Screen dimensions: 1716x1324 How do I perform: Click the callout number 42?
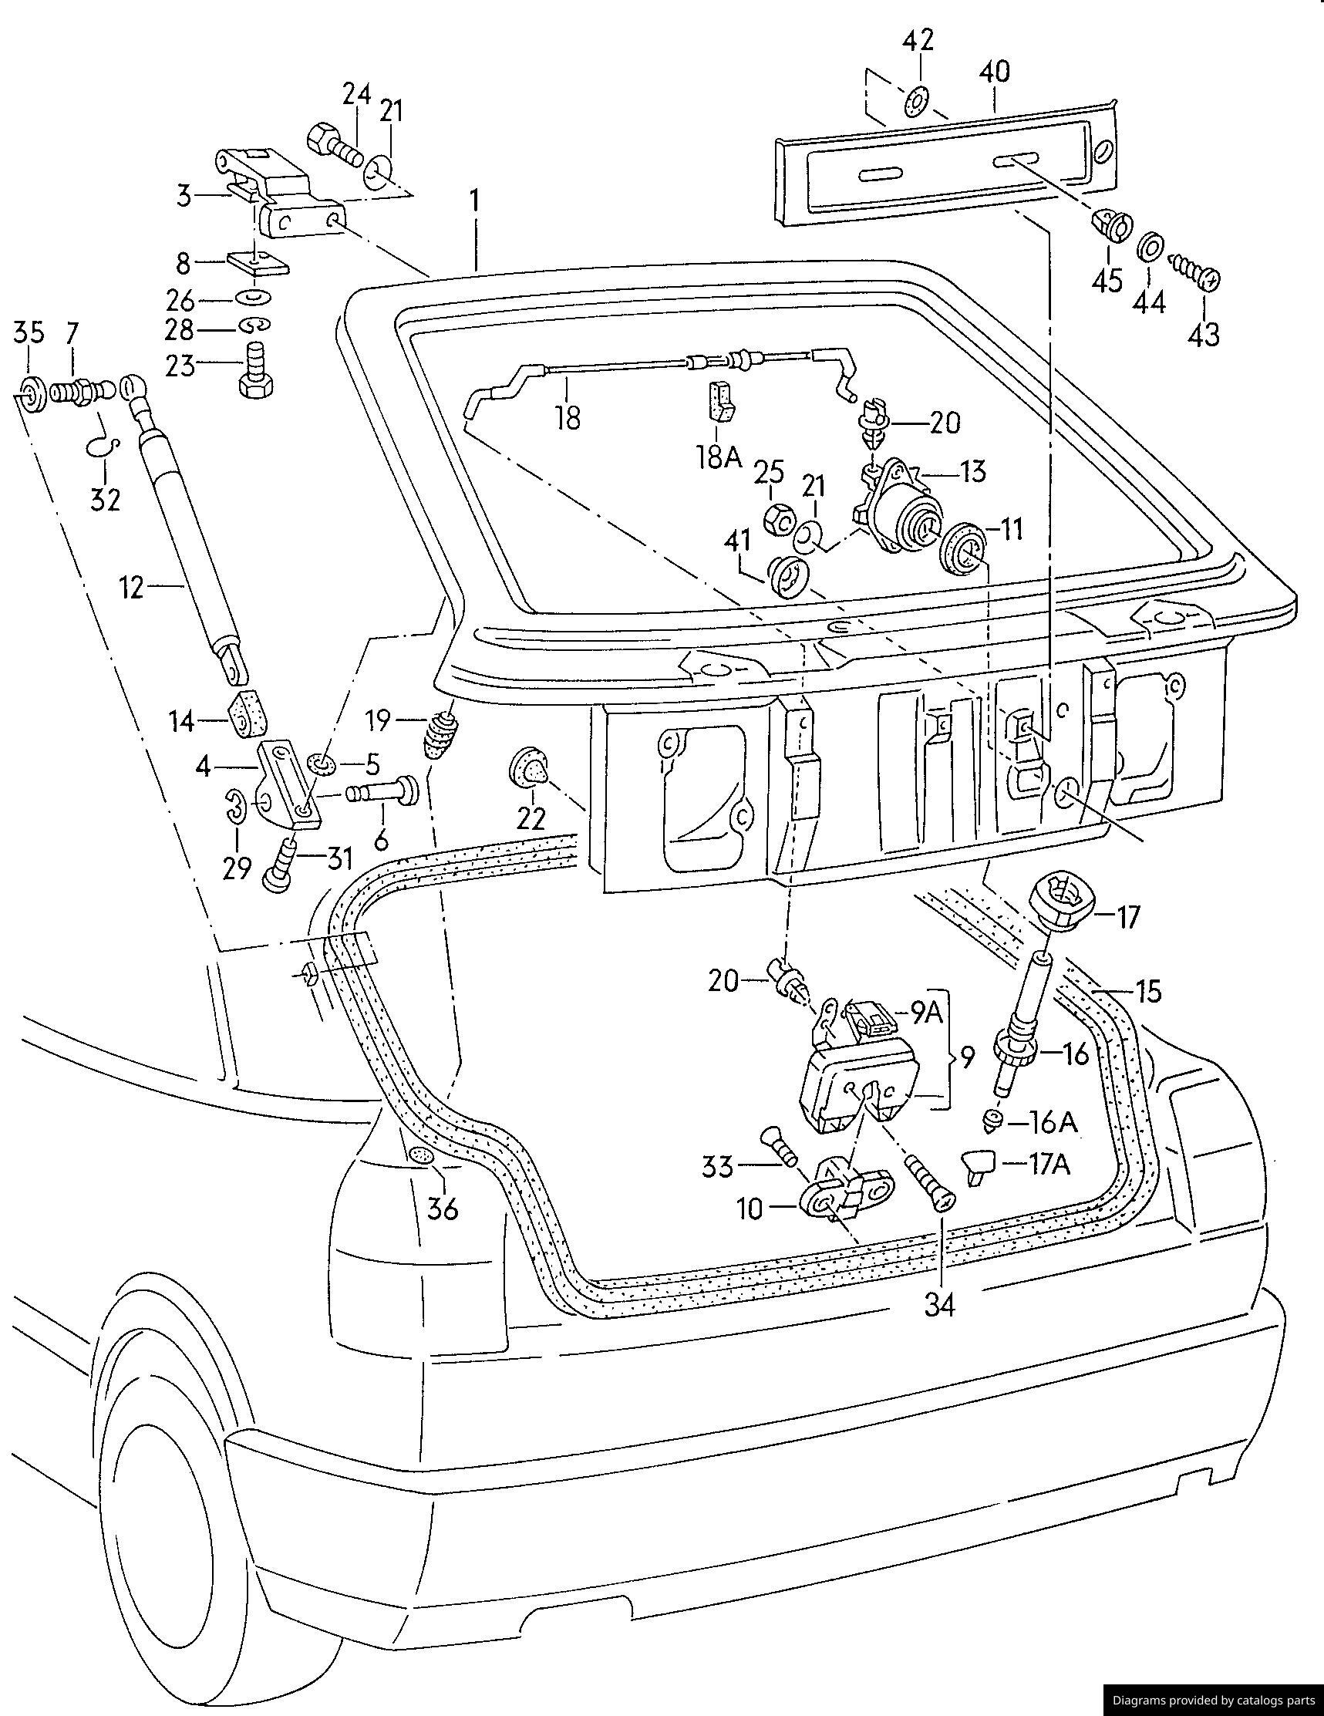click(x=917, y=40)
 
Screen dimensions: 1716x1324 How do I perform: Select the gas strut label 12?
click(x=133, y=587)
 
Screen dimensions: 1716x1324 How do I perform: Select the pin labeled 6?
click(x=389, y=794)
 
